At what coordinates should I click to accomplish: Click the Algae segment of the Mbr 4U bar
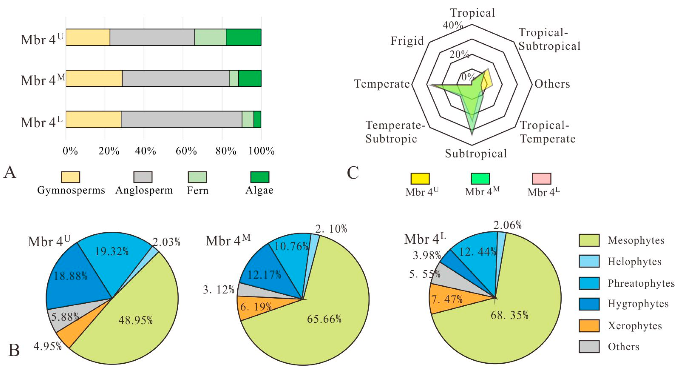click(243, 37)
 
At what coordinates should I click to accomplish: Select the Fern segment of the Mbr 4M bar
click(234, 78)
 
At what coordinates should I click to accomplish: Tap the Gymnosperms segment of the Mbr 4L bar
click(94, 119)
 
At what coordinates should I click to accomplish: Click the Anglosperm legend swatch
click(143, 177)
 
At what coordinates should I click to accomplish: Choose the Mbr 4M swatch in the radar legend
click(480, 179)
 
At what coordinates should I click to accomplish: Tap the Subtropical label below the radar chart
click(476, 153)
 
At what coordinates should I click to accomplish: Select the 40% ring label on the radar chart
click(452, 25)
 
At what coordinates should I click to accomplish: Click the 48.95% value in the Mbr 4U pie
click(136, 320)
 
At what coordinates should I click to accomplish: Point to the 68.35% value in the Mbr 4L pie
click(509, 315)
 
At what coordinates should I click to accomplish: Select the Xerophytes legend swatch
click(589, 326)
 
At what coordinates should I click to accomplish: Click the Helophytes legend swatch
click(589, 261)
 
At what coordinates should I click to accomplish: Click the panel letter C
click(353, 173)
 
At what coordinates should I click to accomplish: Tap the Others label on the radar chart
click(552, 84)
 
